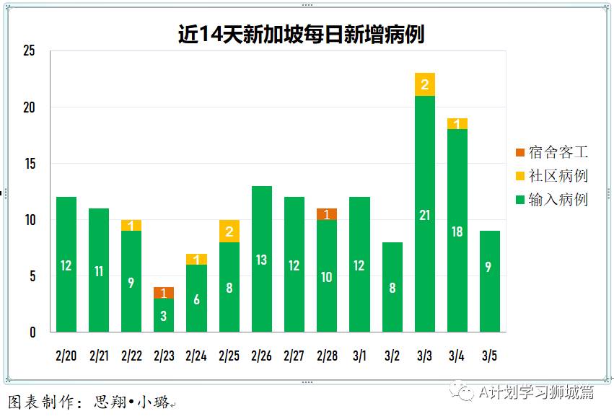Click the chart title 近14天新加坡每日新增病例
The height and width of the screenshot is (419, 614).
click(301, 35)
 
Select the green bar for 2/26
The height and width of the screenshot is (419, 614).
click(262, 260)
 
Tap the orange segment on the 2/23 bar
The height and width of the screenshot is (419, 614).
click(164, 293)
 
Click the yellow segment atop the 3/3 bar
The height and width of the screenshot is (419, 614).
click(425, 84)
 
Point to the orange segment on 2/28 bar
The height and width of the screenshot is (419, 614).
click(327, 214)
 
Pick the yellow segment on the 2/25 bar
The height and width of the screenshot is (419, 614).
click(229, 231)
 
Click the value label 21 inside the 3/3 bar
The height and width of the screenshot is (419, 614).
click(425, 216)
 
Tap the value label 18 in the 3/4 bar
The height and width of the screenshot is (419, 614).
click(457, 231)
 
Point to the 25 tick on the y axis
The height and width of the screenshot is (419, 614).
click(29, 51)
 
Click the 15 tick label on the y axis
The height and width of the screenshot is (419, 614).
click(29, 164)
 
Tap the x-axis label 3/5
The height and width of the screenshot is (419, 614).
click(489, 356)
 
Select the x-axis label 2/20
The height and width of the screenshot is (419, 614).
click(66, 356)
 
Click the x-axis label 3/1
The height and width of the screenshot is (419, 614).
click(359, 356)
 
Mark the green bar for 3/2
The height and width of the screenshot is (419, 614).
click(392, 288)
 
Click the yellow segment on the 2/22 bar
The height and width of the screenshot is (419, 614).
click(131, 226)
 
